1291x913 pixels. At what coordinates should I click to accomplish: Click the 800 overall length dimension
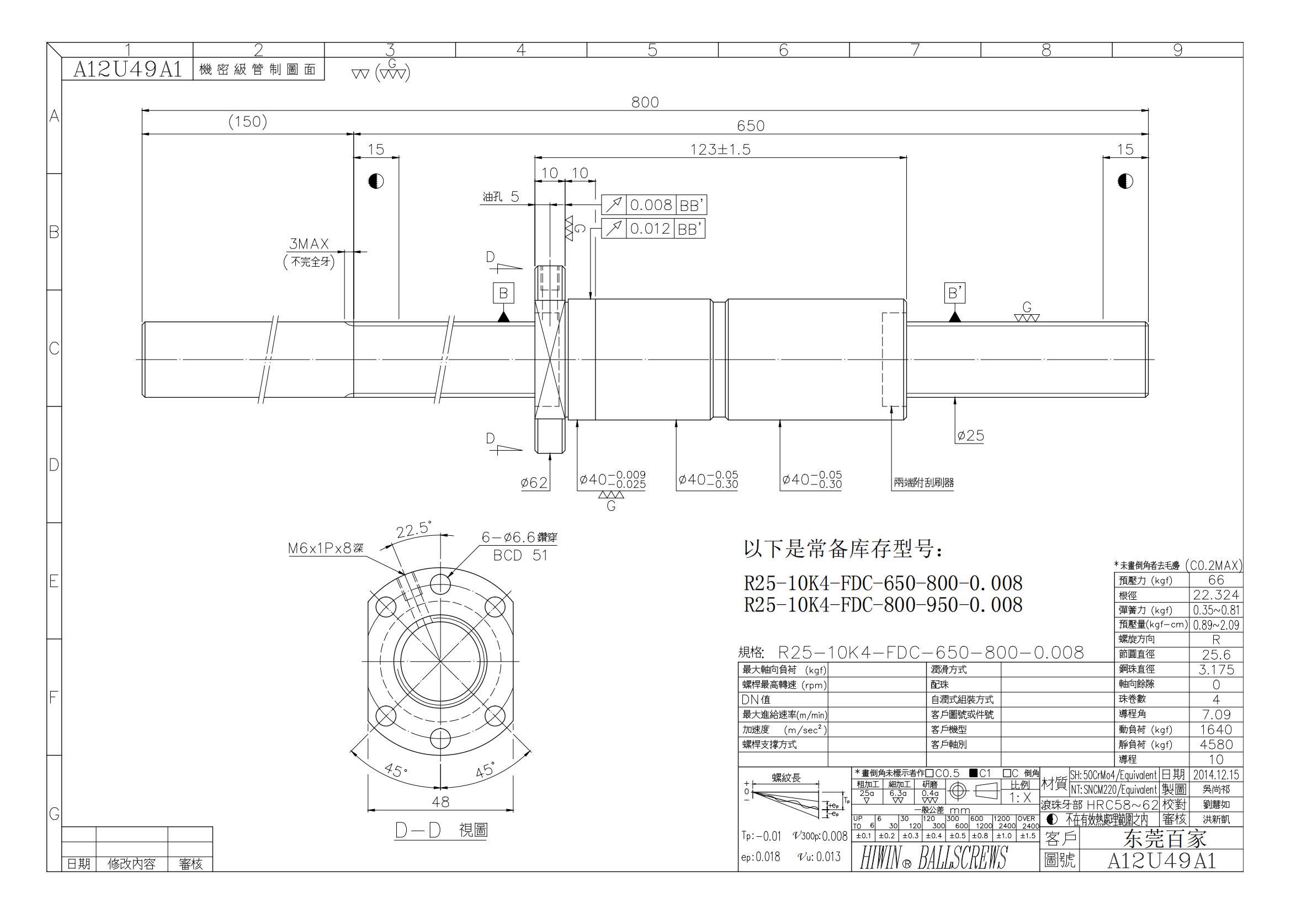pyautogui.click(x=644, y=102)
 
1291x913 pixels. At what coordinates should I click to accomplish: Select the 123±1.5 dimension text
pyautogui.click(x=720, y=149)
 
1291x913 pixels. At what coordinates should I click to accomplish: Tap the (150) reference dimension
pyautogui.click(x=247, y=122)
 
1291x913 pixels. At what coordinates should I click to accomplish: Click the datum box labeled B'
pyautogui.click(x=954, y=293)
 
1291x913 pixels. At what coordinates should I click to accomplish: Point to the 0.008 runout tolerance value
pyautogui.click(x=651, y=205)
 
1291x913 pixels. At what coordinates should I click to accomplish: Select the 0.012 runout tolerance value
pyautogui.click(x=650, y=229)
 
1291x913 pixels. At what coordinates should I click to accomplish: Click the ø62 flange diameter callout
pyautogui.click(x=534, y=483)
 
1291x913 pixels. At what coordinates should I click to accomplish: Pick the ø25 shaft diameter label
pyautogui.click(x=970, y=435)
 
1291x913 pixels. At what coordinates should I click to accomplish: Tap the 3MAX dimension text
pyautogui.click(x=309, y=244)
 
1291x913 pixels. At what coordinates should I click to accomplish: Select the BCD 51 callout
pyautogui.click(x=520, y=555)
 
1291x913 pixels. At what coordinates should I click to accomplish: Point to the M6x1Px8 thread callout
pyautogui.click(x=326, y=548)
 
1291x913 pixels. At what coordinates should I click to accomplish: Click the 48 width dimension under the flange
pyautogui.click(x=440, y=802)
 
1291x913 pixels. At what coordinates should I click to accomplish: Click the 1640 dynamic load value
pyautogui.click(x=1215, y=730)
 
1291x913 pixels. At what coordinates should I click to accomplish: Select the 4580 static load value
pyautogui.click(x=1215, y=744)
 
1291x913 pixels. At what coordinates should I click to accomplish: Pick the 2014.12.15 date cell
pyautogui.click(x=1215, y=774)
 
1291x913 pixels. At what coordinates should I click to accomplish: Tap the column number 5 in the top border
pyautogui.click(x=652, y=50)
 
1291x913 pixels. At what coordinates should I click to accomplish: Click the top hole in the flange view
pyautogui.click(x=440, y=583)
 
